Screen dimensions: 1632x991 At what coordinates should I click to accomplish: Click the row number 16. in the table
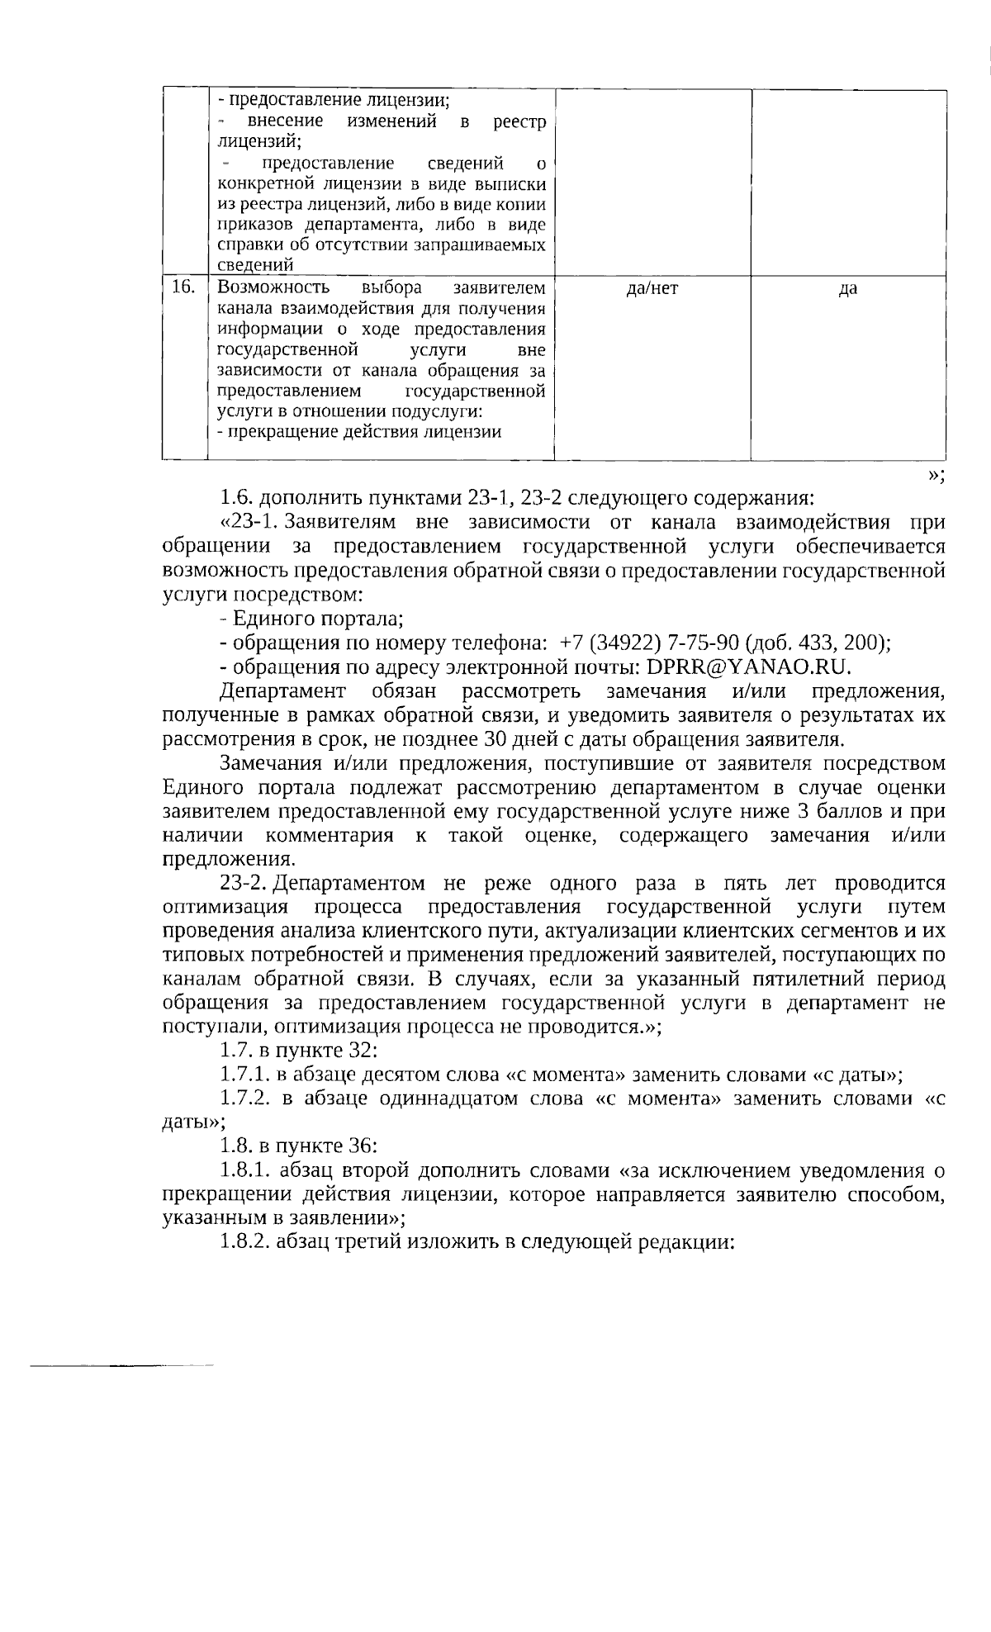183,287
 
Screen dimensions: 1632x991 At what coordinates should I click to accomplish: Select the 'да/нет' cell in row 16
652,288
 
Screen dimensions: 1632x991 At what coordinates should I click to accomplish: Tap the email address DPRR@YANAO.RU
748,667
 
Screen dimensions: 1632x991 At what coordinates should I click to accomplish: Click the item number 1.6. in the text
237,499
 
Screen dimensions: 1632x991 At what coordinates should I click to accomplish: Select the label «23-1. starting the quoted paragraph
249,523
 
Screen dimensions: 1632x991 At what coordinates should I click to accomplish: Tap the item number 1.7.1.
244,1075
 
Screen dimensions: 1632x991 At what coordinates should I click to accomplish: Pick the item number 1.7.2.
244,1098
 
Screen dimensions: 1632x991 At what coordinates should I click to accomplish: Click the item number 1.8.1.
245,1170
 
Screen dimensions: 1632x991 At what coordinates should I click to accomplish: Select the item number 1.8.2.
245,1242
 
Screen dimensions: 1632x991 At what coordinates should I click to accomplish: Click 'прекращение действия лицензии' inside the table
363,432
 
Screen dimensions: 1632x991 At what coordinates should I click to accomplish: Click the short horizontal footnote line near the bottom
121,1365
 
